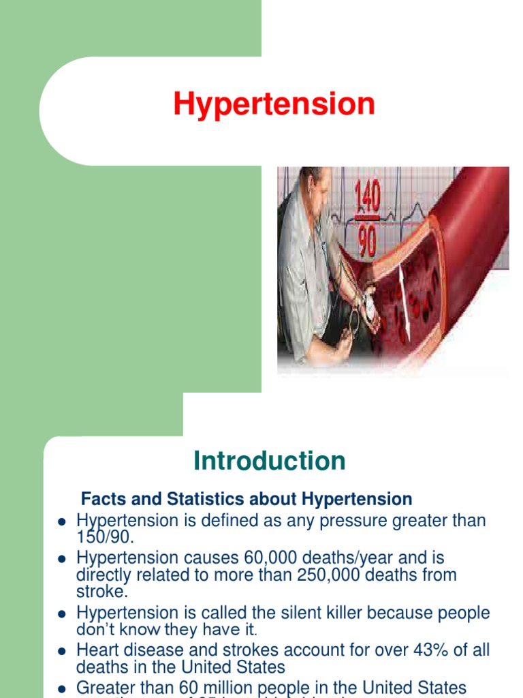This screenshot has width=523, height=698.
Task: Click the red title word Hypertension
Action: (x=274, y=105)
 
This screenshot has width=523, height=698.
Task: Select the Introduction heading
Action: (x=270, y=461)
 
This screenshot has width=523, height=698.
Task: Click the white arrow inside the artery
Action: (x=405, y=294)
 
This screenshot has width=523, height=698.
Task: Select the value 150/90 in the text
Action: (x=105, y=538)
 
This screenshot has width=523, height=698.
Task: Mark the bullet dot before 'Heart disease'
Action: (x=61, y=651)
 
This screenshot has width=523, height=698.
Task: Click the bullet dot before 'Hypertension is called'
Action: (x=61, y=613)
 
